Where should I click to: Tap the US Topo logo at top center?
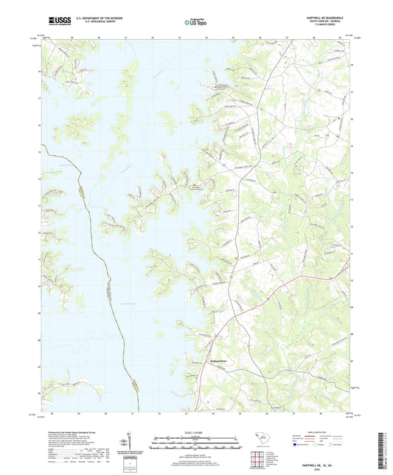coord(196,23)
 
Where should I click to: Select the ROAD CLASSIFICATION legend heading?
coord(319,433)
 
